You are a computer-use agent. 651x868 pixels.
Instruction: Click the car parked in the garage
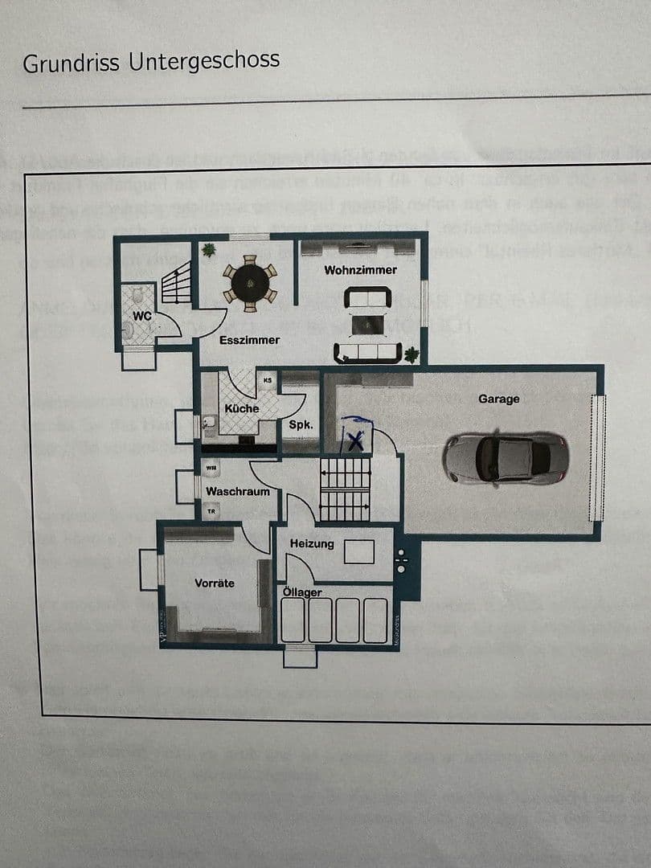click(x=506, y=458)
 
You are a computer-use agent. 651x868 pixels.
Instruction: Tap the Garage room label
click(x=498, y=399)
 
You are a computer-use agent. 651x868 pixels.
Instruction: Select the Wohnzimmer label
click(x=360, y=270)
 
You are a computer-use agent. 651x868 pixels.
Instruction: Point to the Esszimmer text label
click(x=250, y=340)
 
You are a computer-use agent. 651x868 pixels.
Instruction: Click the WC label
click(x=142, y=317)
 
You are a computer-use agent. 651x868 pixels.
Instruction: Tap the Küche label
click(x=241, y=408)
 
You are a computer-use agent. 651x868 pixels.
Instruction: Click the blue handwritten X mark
click(x=356, y=438)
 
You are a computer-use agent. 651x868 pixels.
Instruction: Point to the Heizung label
click(x=312, y=544)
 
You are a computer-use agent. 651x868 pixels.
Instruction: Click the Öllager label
click(x=302, y=592)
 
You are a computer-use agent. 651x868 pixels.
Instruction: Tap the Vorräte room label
click(x=215, y=583)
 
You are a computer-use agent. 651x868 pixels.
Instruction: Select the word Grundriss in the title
click(x=72, y=63)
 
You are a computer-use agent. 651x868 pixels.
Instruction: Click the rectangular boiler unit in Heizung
click(x=359, y=551)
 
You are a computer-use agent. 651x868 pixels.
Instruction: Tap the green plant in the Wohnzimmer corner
click(x=411, y=354)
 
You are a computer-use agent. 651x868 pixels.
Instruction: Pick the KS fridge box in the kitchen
click(x=267, y=379)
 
